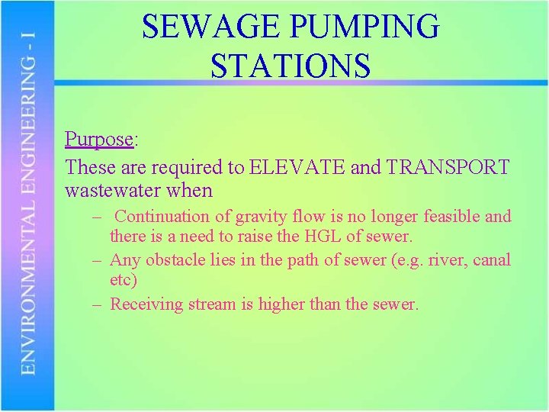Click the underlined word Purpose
pos(99,140)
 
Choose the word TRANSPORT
pos(448,166)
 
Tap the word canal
pos(492,260)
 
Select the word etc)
pos(124,281)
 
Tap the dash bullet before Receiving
pos(98,304)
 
